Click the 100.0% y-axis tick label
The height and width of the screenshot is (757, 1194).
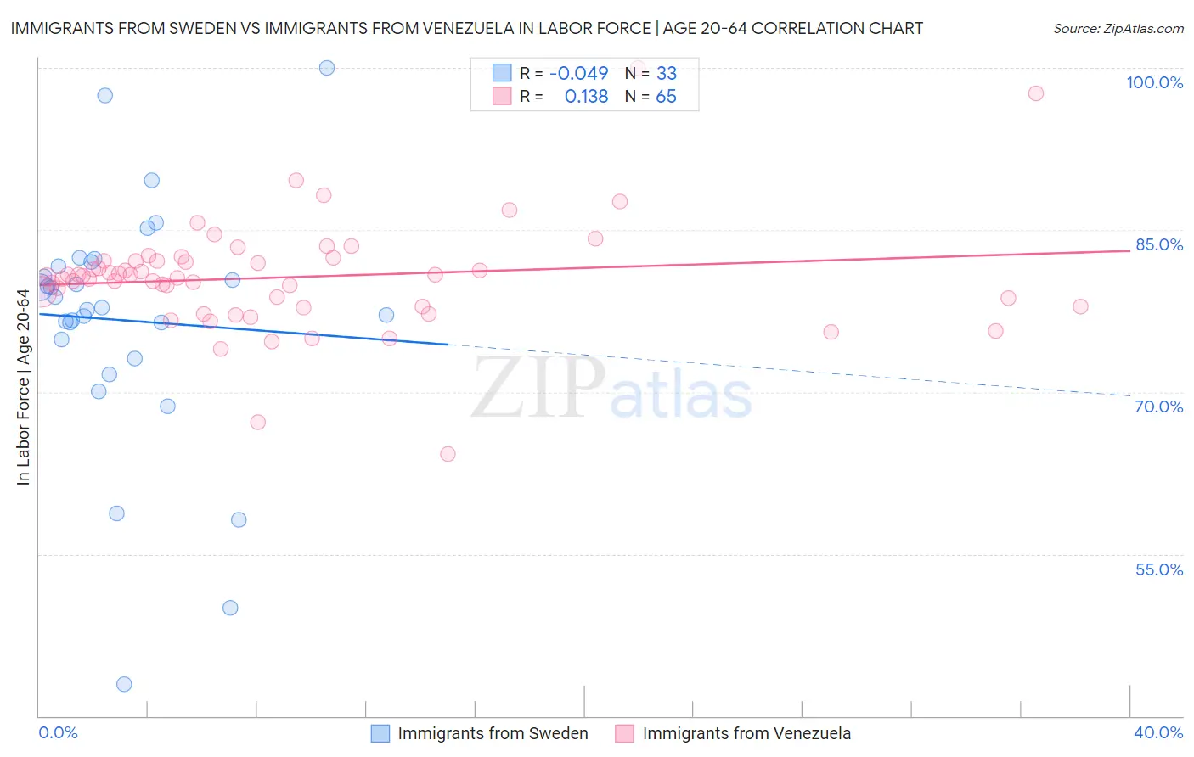pos(1154,82)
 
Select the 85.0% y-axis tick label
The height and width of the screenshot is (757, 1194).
pos(1158,244)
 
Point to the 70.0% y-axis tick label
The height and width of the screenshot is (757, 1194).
pos(1158,407)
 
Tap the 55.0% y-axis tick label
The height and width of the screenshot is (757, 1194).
pos(1158,569)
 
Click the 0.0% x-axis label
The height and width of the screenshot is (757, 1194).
pos(58,732)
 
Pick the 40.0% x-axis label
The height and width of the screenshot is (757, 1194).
pos(1158,732)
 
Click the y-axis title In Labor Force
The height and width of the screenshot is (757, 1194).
pos(23,387)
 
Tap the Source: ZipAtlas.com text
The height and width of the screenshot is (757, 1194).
pos(1118,28)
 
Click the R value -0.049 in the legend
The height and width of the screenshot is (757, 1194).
pos(578,73)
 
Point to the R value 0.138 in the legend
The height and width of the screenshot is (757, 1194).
pos(586,97)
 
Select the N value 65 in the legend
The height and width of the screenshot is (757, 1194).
pos(666,97)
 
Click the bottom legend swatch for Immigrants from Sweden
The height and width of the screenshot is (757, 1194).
pos(380,733)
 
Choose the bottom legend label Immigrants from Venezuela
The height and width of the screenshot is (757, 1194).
pos(746,733)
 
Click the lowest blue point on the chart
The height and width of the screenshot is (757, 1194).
pos(124,684)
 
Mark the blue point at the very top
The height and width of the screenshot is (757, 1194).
pos(327,68)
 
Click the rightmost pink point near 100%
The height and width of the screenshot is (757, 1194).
pos(1035,93)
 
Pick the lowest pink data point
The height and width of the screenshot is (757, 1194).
pos(448,454)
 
